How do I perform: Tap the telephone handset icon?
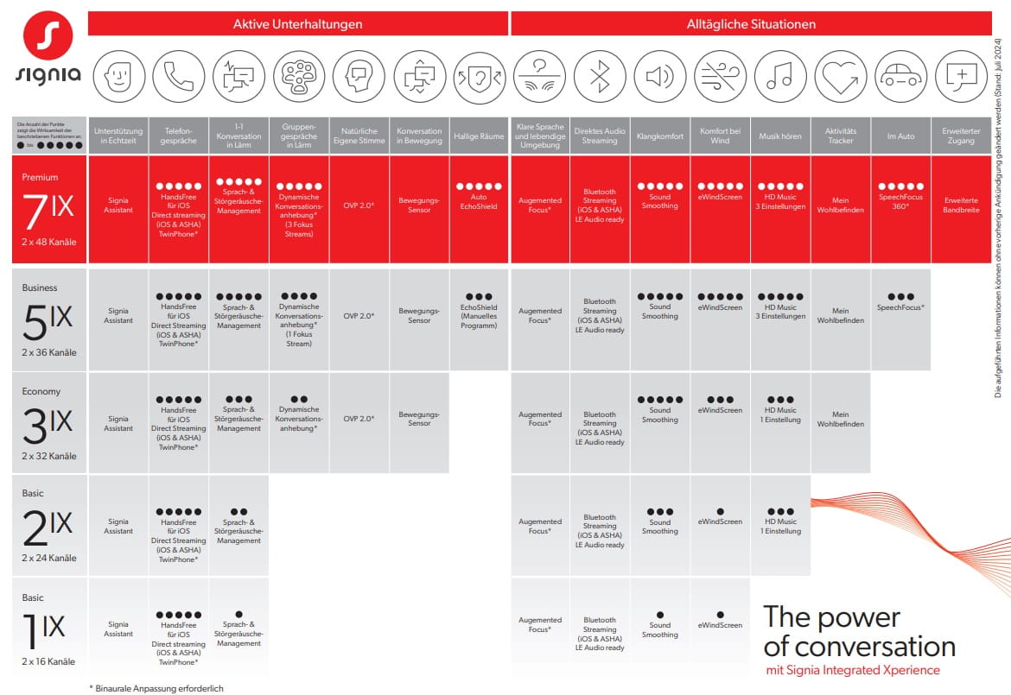(179, 76)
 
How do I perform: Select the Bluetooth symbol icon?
(600, 76)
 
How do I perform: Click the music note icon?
(780, 76)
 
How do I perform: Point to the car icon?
(900, 76)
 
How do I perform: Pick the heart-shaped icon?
(840, 76)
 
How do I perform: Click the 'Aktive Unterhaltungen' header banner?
(297, 24)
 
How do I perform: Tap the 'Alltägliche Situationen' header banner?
(751, 24)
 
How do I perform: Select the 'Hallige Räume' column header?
(479, 136)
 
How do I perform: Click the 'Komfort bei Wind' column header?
(720, 136)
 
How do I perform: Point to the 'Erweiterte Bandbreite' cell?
(961, 205)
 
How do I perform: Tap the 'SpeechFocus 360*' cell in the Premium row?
(900, 200)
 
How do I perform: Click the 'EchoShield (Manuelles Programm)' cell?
(479, 311)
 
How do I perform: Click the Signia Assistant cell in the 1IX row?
(118, 629)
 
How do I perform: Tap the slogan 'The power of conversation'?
(859, 632)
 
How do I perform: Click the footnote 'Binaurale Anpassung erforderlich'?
(150, 688)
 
